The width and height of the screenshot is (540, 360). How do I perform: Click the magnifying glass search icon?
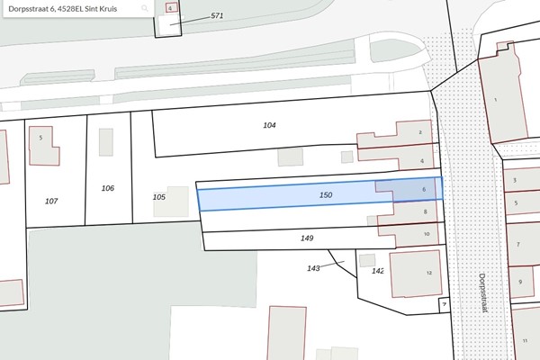click(144, 7)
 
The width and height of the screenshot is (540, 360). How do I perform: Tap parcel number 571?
click(216, 16)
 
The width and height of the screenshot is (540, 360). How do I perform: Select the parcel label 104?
click(269, 125)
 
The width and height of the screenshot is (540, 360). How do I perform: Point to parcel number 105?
click(159, 196)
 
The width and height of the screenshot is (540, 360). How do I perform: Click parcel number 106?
click(108, 188)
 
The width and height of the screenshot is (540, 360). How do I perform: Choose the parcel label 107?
click(51, 201)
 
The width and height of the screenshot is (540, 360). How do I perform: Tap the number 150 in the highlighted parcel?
click(326, 195)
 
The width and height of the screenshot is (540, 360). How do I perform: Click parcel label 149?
click(306, 238)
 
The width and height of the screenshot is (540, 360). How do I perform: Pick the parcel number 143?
click(313, 268)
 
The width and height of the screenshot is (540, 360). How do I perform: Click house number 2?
click(421, 132)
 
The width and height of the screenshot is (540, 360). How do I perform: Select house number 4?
click(422, 161)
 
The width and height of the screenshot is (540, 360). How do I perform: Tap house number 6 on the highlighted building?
click(423, 190)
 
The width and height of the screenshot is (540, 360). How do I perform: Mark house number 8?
click(426, 211)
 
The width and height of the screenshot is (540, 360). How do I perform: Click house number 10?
click(427, 234)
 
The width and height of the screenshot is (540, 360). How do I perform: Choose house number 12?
click(429, 273)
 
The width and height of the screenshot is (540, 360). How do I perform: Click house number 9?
click(520, 283)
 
